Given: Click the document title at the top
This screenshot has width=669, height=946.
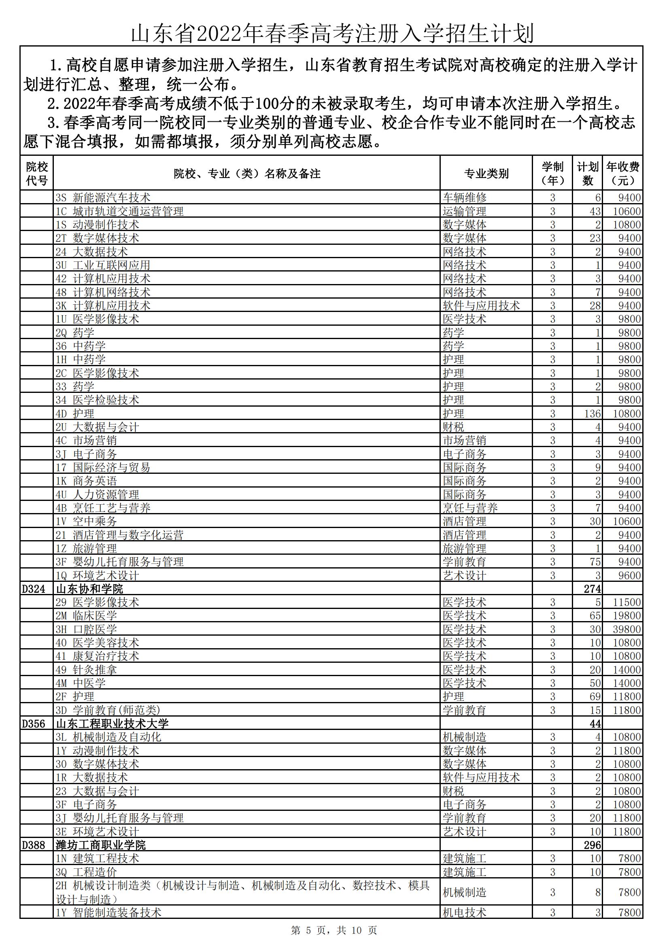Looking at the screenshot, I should click(x=332, y=33).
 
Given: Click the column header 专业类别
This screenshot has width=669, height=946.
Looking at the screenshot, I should click(x=486, y=174).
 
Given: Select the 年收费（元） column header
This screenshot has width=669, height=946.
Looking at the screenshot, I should click(x=622, y=174).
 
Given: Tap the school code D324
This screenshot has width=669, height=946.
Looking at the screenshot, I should click(x=33, y=589).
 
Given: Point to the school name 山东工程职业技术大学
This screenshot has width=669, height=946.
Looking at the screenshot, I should click(x=113, y=724).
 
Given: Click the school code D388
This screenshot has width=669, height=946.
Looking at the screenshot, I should click(x=33, y=846).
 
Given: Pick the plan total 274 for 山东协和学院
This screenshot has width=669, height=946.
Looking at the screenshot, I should click(x=593, y=589).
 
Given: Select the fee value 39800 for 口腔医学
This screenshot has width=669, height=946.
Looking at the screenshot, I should click(x=627, y=630).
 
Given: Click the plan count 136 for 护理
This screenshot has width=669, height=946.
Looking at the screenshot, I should click(x=593, y=414).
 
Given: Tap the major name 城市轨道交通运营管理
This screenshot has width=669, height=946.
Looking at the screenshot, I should click(x=128, y=211).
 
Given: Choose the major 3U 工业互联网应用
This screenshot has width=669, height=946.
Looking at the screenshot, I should click(x=103, y=265).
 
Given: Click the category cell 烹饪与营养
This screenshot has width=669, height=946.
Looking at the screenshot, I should click(x=470, y=508).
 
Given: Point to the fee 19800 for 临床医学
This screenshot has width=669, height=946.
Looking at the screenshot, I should click(x=627, y=616).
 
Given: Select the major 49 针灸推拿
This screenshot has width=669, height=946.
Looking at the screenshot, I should click(x=87, y=670).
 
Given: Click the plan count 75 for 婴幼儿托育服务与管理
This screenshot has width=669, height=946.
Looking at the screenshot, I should click(x=595, y=562).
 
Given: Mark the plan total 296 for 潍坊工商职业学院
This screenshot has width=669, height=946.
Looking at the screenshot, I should click(x=593, y=846).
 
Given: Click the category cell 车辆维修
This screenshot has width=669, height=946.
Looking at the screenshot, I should click(x=465, y=198).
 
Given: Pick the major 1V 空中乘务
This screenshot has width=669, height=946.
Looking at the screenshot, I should click(x=87, y=522).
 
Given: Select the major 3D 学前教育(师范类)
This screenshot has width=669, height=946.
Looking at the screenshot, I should click(x=108, y=711).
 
